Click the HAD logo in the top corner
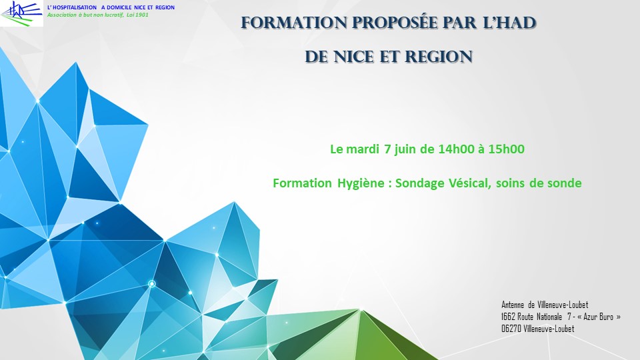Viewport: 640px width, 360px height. coord(21,13)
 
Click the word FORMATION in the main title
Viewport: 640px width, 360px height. coord(294,23)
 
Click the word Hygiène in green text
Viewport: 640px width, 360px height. coord(361,183)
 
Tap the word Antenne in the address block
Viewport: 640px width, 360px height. coord(513,305)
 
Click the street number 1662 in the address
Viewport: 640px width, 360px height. coord(508,317)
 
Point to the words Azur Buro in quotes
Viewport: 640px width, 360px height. coord(599,317)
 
